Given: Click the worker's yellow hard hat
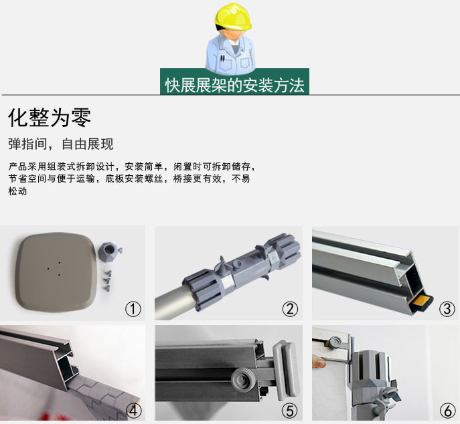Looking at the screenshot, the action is click(x=232, y=17).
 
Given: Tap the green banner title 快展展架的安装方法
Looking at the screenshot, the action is click(x=234, y=86).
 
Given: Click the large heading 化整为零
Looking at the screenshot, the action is click(x=50, y=118).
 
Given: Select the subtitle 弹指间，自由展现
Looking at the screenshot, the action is click(x=61, y=144).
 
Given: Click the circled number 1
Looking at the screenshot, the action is click(x=133, y=308).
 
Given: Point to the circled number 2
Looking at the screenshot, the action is click(x=290, y=308).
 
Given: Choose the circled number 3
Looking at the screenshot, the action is click(x=447, y=308).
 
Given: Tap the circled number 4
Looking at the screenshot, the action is click(x=133, y=411).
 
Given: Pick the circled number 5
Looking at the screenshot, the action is click(x=290, y=411).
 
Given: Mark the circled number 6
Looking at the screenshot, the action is click(x=448, y=411).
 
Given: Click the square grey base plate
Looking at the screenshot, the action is click(x=56, y=272).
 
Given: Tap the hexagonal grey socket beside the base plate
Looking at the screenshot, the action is click(x=109, y=251).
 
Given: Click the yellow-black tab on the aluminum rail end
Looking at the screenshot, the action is click(x=423, y=301).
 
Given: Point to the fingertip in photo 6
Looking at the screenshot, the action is click(x=319, y=361).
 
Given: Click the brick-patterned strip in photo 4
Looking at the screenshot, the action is click(x=102, y=395).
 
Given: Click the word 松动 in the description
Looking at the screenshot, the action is click(x=17, y=191).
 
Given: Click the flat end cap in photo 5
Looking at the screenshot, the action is click(x=285, y=370).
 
